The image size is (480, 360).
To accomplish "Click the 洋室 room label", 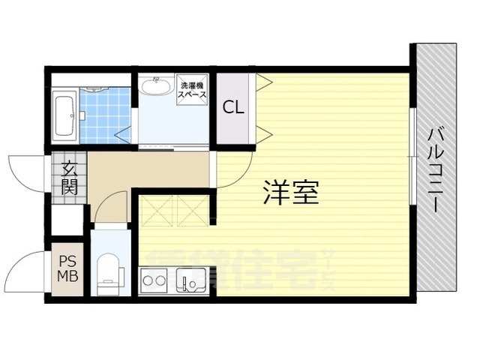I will (291, 193).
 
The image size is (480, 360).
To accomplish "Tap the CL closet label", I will (233, 106).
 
